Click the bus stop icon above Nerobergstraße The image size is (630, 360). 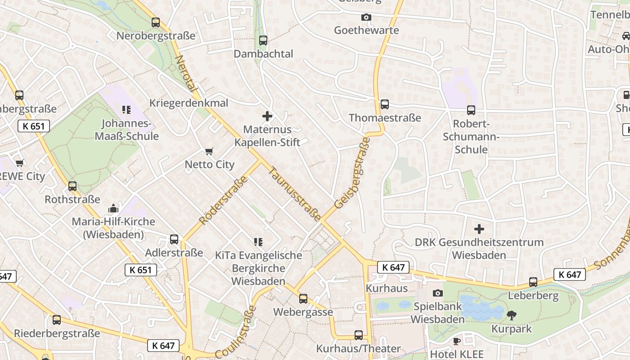pos(156,22)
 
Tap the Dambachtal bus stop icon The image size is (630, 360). pos(263,40)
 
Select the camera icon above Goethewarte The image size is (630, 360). pos(366,17)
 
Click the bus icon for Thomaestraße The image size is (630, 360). pos(385,104)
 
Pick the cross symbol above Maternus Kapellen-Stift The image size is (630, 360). pos(267,116)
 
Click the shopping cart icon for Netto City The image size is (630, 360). pos(209,151)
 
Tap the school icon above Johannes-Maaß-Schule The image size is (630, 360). pos(126,109)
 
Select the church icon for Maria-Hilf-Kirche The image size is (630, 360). pos(113,208)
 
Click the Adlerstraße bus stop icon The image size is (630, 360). pos(174,239)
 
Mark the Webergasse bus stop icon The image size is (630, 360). pos(303,298)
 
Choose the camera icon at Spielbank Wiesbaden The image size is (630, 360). pos(437,293)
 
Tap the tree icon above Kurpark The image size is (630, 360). pos(511,315)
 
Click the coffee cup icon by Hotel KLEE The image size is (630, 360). pos(456,341)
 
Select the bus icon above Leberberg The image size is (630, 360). pos(533,282)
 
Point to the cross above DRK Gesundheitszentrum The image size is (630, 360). pos(479,229)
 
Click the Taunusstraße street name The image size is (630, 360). pos(295,194)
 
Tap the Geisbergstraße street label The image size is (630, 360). pos(353,173)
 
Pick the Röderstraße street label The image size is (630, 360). pos(224,200)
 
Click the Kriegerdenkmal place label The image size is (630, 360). pos(189,103)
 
